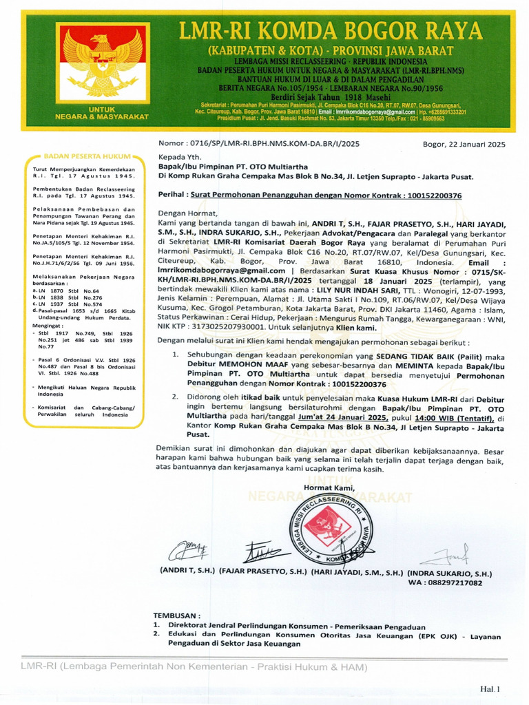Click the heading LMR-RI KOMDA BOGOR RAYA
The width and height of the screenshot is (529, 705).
[331, 32]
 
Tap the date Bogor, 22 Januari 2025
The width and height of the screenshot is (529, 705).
[464, 144]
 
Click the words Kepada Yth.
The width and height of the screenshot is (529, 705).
[178, 157]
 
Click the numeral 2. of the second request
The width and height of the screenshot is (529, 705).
[175, 398]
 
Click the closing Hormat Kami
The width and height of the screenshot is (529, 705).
[329, 488]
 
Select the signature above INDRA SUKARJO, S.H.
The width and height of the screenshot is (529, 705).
[448, 555]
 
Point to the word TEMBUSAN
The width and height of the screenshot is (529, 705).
[177, 615]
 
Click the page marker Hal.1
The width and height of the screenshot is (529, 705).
[490, 688]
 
